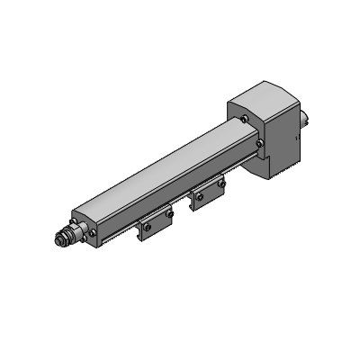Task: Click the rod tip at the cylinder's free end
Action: coord(55,240)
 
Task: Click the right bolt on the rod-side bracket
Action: coord(168,215)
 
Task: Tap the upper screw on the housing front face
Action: coord(244,118)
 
